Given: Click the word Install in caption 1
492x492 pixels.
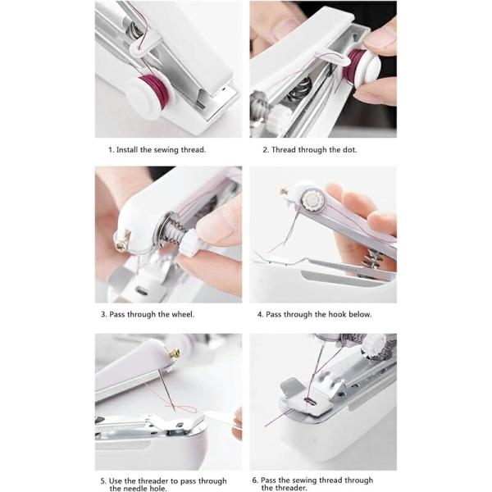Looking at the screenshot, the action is coord(127,150).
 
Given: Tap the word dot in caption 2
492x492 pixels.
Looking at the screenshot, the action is coord(349,150).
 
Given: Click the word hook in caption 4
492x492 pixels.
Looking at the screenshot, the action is coord(337,314).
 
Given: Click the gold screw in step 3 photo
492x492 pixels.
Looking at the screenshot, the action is coord(123,239).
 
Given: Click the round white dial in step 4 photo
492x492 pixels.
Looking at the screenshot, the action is coord(312,199).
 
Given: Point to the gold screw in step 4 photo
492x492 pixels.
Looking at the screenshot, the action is coord(285,191).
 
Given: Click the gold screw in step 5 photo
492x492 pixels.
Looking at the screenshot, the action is coord(175,353).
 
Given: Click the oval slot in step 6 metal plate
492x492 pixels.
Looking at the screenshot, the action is coord(309,401).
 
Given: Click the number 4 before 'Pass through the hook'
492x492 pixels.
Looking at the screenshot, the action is coord(260,314).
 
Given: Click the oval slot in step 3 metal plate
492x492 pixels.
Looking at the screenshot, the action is coord(142,291).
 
